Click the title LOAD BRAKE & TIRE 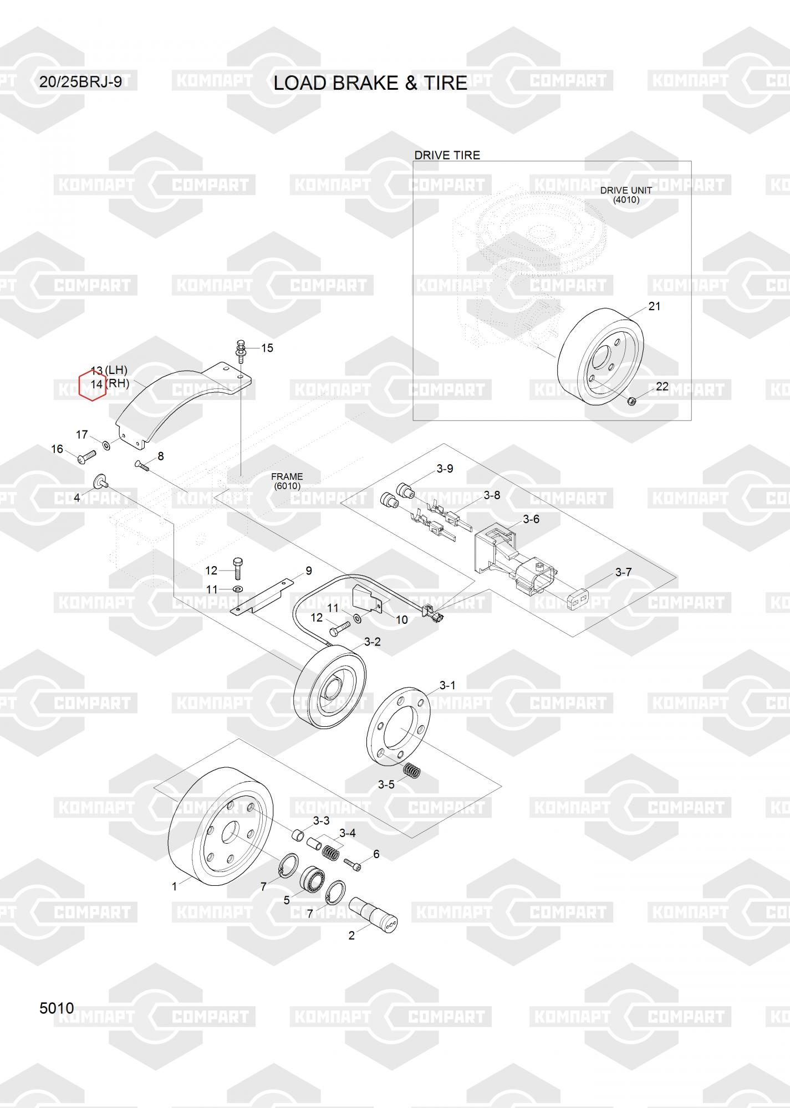tap(370, 83)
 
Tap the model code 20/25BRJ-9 tap(80, 83)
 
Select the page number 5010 tap(57, 1008)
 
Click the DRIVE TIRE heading tap(447, 155)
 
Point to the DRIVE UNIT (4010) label tap(626, 195)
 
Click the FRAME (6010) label tap(287, 481)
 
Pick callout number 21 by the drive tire tap(655, 306)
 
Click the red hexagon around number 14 tap(92, 384)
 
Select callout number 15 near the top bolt tap(267, 348)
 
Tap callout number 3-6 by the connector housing tap(531, 519)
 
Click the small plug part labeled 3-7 tap(579, 599)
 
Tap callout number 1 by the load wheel tap(174, 886)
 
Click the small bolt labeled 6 tap(353, 863)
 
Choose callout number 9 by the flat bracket tap(309, 571)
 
